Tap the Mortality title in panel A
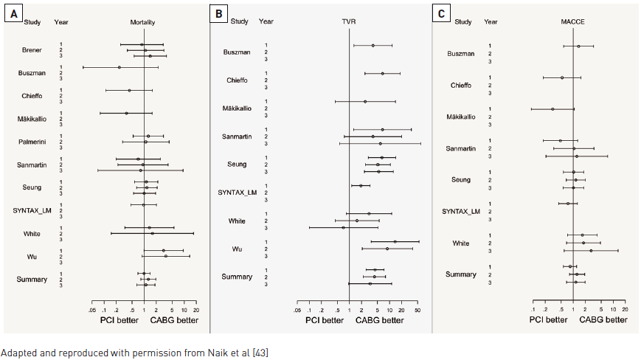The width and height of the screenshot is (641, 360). (143, 22)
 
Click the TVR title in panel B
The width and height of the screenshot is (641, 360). (350, 21)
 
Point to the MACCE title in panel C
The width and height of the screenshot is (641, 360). (572, 21)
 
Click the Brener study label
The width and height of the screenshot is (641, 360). (31, 50)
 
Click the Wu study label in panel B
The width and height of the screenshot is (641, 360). (238, 249)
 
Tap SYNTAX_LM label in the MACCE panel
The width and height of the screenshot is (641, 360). (461, 212)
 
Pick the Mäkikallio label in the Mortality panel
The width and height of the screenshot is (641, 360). (32, 119)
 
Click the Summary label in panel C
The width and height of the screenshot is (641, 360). (460, 274)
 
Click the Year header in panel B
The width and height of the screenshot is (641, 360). (266, 21)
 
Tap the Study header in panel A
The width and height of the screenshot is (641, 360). (32, 22)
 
